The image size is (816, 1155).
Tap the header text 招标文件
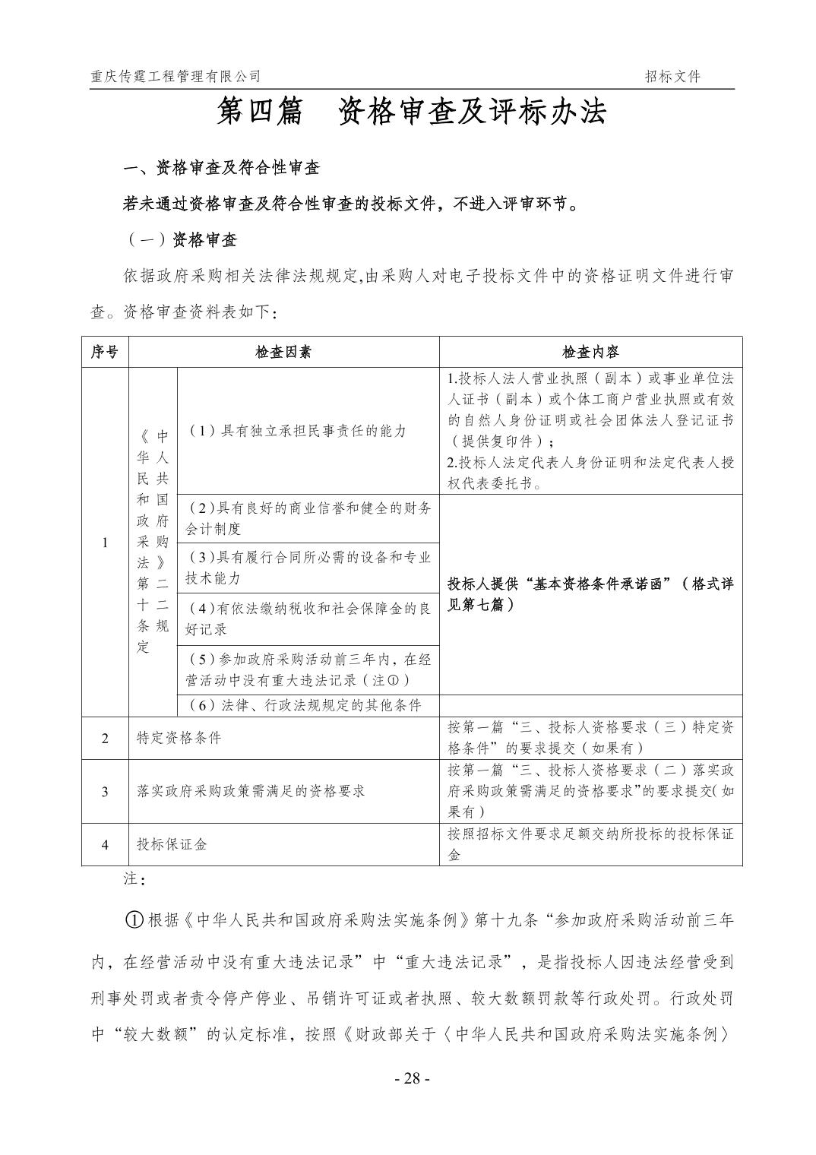[x=672, y=76]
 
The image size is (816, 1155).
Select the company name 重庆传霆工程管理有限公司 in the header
[x=175, y=76]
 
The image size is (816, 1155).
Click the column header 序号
[x=105, y=352]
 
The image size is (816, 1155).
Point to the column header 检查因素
[x=283, y=352]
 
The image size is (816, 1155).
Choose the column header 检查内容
[x=590, y=352]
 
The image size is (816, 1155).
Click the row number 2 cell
[x=105, y=738]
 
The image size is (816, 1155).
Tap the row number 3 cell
[x=105, y=791]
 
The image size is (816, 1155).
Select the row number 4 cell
[x=105, y=844]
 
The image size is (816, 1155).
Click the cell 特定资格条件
[x=179, y=738]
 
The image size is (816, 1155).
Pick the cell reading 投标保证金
[x=172, y=844]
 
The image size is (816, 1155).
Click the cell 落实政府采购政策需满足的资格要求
[x=251, y=791]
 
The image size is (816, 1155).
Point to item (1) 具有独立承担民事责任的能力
[x=297, y=431]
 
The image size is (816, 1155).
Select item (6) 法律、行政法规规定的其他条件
[x=304, y=705]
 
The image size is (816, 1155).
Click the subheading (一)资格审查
[x=181, y=240]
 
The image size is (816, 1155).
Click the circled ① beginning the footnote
[x=134, y=919]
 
